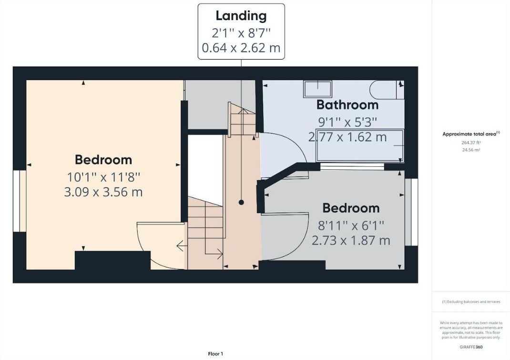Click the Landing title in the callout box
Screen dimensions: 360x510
[241, 16]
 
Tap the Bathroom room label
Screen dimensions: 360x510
[347, 105]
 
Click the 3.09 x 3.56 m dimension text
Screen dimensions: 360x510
[103, 193]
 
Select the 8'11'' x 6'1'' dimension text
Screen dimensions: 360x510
[351, 225]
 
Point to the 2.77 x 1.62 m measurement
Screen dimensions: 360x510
[347, 138]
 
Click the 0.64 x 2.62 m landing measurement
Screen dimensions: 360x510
[241, 48]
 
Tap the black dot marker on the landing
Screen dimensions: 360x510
[241, 203]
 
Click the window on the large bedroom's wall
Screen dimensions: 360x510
[22, 200]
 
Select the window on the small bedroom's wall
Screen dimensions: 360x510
[408, 212]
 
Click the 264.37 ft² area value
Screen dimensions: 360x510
[470, 142]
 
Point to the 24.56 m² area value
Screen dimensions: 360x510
[470, 150]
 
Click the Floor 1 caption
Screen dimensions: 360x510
[215, 354]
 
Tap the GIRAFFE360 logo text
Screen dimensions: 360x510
[471, 344]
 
